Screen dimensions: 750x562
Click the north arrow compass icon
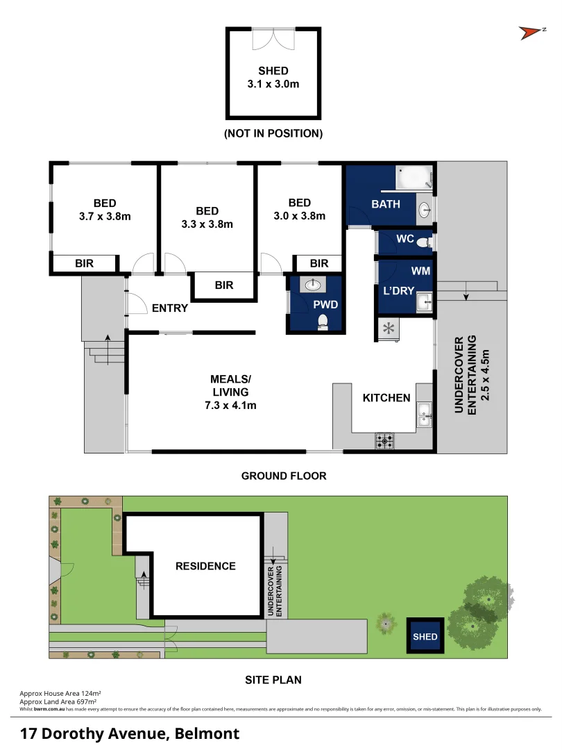click(531, 32)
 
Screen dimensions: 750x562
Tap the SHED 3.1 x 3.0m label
click(273, 78)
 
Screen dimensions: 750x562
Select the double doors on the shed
click(273, 39)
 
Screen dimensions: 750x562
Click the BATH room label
click(386, 204)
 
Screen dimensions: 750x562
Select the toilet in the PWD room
click(322, 322)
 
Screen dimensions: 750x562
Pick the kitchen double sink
click(425, 415)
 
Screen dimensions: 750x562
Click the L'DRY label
click(398, 291)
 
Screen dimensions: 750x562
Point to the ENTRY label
click(170, 308)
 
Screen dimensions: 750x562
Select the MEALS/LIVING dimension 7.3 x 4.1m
click(230, 406)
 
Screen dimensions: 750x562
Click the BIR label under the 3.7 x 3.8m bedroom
click(84, 263)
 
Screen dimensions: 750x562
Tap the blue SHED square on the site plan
click(425, 636)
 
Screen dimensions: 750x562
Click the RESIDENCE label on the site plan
click(205, 566)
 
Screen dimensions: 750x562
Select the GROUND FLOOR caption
click(283, 476)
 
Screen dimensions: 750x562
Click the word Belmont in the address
click(207, 733)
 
